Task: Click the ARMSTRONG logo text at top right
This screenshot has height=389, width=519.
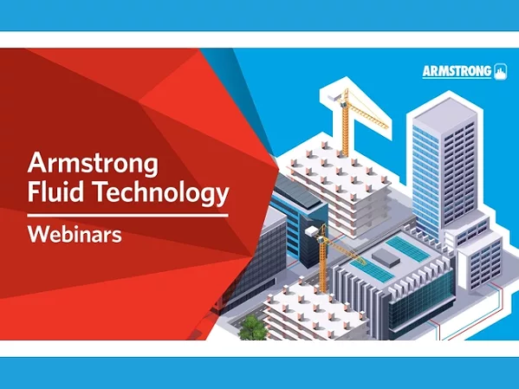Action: [457, 71]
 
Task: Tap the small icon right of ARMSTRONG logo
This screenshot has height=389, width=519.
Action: [500, 71]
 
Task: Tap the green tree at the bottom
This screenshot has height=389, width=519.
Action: [251, 327]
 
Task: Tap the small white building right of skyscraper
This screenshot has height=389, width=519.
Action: [480, 260]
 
